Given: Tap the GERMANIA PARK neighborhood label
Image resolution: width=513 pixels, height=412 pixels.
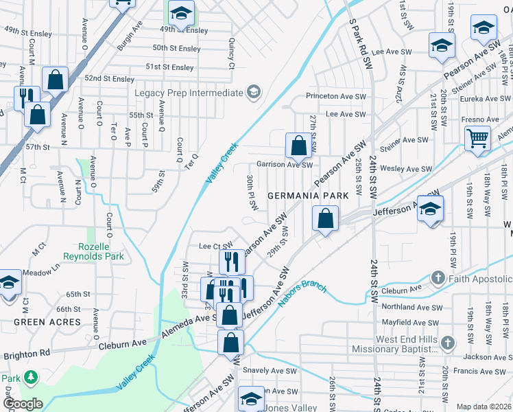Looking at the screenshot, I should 308,196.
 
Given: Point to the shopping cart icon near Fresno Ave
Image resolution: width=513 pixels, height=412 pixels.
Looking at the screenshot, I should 477,138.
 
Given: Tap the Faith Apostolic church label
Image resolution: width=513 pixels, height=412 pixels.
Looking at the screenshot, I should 479,279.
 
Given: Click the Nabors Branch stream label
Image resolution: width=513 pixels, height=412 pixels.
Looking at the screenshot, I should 302,295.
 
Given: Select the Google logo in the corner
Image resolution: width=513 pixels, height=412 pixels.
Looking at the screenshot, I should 22,404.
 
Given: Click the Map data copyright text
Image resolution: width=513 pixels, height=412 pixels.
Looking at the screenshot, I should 484,407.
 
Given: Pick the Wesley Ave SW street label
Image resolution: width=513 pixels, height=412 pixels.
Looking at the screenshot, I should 406,169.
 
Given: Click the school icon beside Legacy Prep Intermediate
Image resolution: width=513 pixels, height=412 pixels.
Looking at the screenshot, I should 253,93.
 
